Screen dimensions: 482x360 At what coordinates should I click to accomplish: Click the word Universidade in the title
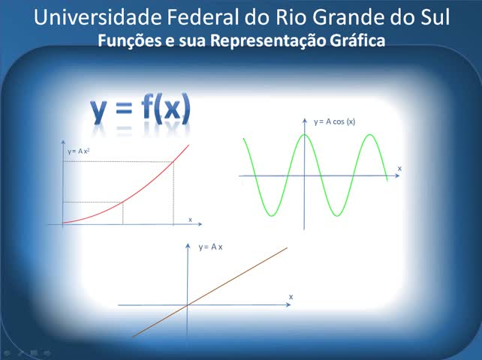98,17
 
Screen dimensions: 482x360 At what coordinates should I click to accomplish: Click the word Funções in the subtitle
129,40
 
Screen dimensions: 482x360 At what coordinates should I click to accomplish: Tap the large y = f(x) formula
140,109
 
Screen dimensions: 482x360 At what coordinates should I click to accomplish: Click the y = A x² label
79,151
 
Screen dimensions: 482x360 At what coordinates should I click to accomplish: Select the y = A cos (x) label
334,121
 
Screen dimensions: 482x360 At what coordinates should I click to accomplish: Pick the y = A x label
210,247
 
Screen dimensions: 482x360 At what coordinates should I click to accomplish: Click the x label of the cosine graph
399,169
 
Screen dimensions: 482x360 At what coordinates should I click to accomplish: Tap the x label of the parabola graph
190,220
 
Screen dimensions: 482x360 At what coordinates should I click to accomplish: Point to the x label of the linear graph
291,297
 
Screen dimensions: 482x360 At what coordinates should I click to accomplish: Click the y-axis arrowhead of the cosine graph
305,121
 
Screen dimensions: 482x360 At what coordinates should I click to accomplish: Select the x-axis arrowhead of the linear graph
288,304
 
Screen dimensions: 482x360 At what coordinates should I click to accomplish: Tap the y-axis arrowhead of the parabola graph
63,142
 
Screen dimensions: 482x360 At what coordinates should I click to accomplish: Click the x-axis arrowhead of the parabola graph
200,224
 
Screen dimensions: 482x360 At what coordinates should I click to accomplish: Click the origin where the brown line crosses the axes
188,305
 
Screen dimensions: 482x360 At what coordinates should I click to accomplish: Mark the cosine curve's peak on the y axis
304,134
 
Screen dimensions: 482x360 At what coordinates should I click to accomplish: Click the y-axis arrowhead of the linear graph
188,246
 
